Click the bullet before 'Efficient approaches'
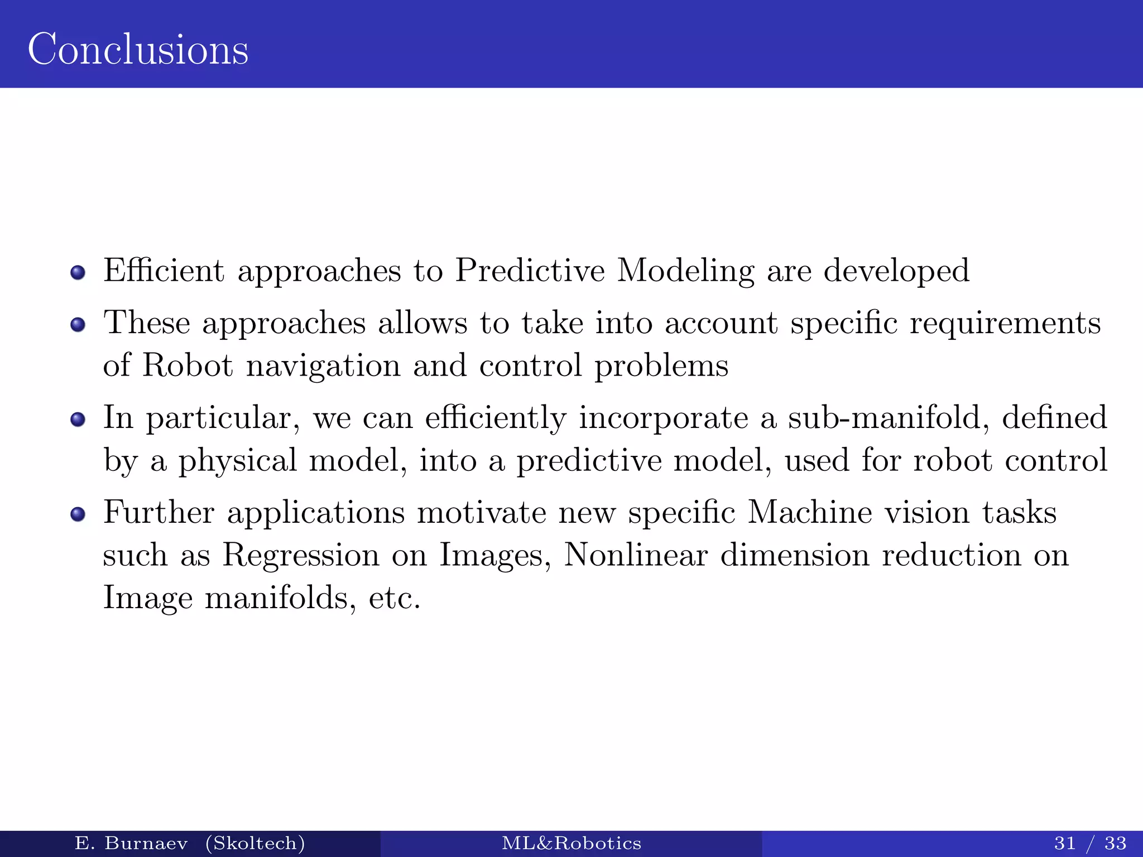pos(78,272)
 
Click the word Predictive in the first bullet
pos(530,271)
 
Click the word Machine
pos(809,512)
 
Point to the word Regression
pos(301,556)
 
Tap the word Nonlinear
pos(636,555)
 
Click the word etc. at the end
pos(394,598)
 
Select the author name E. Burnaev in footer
pos(131,843)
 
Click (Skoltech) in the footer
pos(255,843)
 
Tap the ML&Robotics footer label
pos(571,843)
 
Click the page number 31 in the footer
pos(1065,843)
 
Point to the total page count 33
pos(1115,843)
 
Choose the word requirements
pos(1005,324)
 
